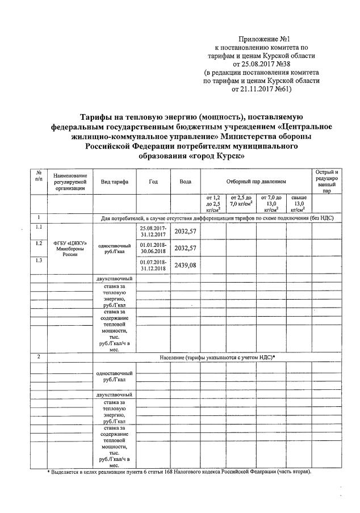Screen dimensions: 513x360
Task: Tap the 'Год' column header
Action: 153,181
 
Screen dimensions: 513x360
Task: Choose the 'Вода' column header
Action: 185,181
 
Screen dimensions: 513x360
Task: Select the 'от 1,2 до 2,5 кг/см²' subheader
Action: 213,203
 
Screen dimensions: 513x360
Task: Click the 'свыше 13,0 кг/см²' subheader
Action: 299,203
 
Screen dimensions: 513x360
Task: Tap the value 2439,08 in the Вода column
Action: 185,265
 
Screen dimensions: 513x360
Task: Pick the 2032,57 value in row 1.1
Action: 185,231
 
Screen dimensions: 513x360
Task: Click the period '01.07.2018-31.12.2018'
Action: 153,265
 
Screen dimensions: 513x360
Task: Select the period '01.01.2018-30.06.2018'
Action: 153,248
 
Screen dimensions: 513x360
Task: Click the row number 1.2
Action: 39,243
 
